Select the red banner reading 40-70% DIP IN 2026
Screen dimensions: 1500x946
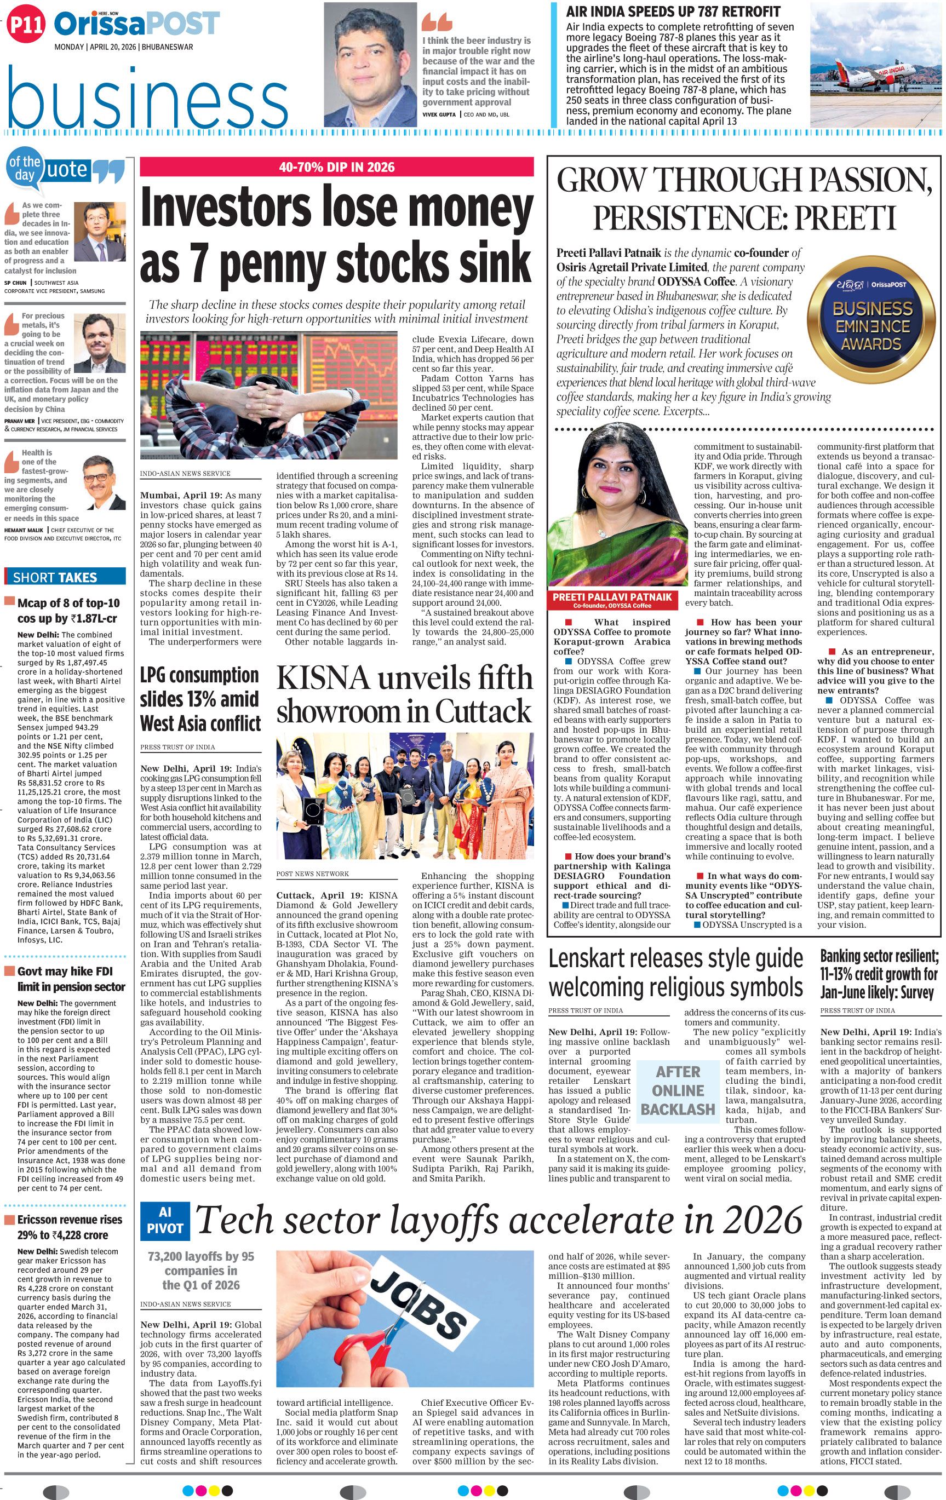336,167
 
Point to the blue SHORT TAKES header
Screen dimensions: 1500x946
65,577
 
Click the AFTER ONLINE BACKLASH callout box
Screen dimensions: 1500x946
678,1090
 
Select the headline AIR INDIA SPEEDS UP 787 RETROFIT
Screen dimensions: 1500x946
673,12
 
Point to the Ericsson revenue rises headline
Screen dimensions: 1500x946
69,1227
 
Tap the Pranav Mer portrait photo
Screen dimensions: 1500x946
100,343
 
